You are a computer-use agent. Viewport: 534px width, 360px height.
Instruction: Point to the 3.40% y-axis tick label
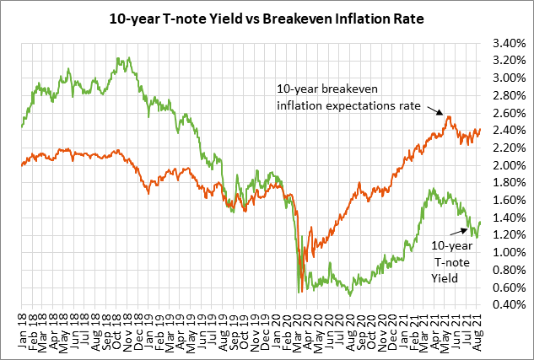(506, 43)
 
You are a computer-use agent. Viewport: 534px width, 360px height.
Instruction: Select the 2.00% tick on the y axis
(506, 166)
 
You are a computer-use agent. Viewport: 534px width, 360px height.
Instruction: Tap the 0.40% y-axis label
(506, 305)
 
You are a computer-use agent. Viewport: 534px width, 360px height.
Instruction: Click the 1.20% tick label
(506, 235)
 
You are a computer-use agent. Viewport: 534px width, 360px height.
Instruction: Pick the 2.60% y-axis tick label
(506, 113)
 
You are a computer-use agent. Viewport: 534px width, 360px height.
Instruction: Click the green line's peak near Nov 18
(118, 58)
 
